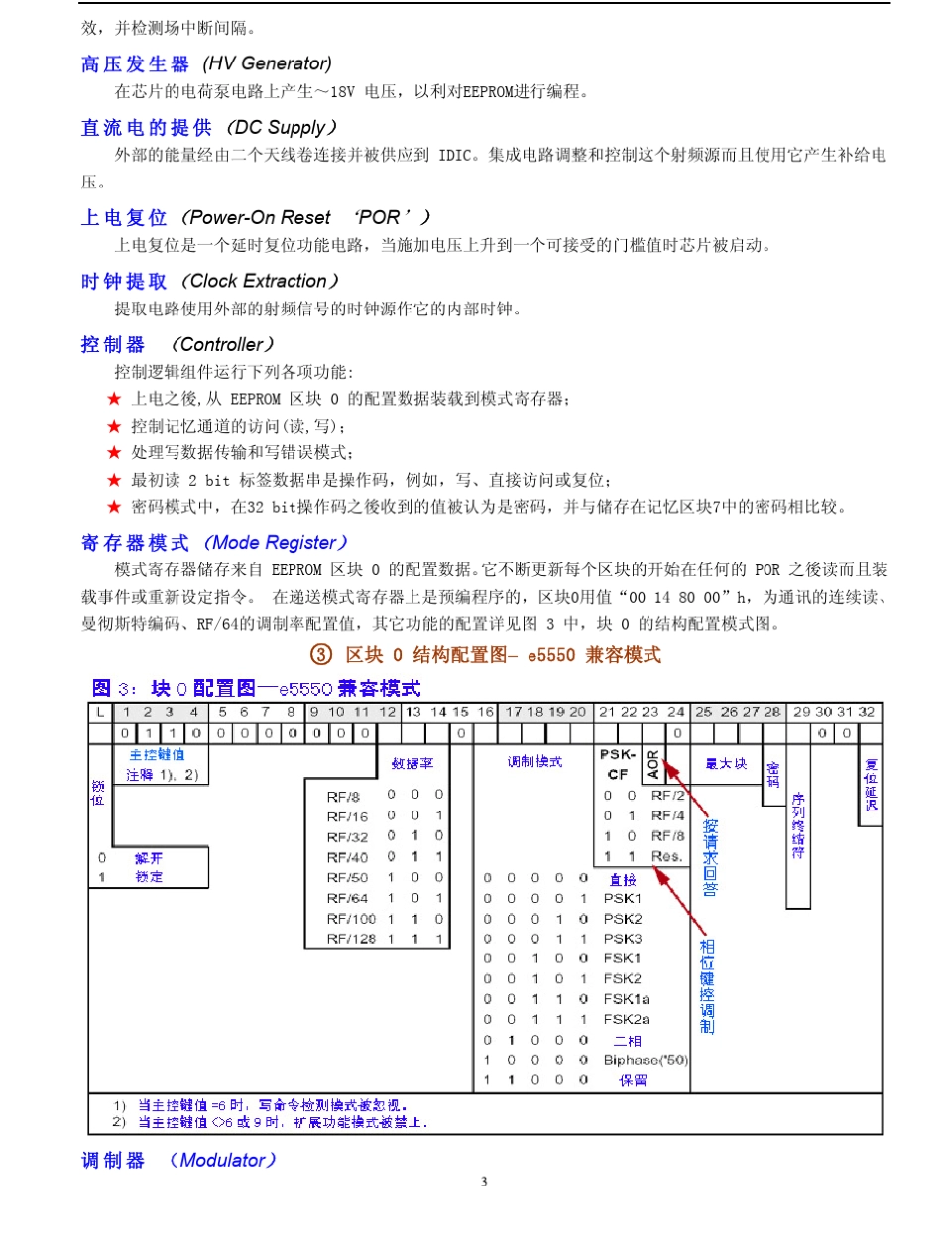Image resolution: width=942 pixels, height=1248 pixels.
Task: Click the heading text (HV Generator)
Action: (x=267, y=63)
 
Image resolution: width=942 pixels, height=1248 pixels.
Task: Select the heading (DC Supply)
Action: (x=281, y=128)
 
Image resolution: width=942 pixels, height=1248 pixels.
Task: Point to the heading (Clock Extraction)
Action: (x=259, y=281)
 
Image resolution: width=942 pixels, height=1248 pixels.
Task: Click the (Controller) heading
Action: (x=221, y=345)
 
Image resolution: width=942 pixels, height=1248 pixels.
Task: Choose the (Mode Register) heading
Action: (x=274, y=543)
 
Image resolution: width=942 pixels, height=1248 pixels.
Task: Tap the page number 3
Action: (x=484, y=1182)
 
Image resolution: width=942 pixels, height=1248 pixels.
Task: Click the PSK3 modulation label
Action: (x=623, y=938)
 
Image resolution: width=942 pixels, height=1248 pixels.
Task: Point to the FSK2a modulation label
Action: (x=627, y=1019)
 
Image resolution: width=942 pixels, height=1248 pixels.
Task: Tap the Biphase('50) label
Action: (x=646, y=1060)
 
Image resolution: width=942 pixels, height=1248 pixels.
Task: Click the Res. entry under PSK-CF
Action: (x=666, y=855)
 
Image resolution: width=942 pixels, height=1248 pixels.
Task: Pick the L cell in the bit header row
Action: (x=100, y=711)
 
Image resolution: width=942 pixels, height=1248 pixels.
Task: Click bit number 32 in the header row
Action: (x=866, y=711)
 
